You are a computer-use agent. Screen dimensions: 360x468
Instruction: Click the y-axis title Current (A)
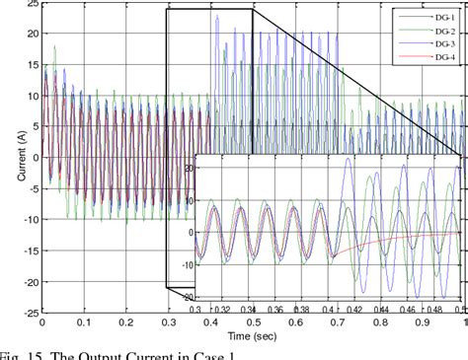[9, 157]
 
